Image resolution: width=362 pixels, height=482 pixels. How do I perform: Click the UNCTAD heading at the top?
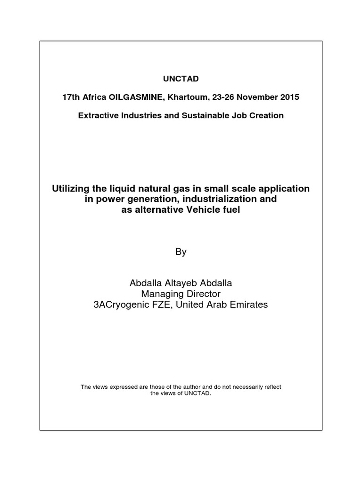pyautogui.click(x=181, y=78)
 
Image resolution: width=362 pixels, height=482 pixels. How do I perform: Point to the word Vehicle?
pyautogui.click(x=189, y=210)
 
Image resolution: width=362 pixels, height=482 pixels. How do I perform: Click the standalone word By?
pyautogui.click(x=181, y=252)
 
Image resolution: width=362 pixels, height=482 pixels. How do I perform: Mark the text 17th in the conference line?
pyautogui.click(x=72, y=97)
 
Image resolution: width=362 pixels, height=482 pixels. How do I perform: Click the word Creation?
pyautogui.click(x=267, y=115)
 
